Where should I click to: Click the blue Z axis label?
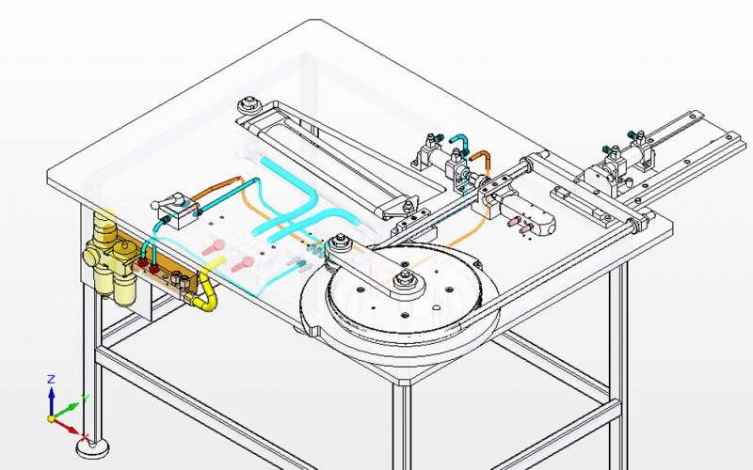click(x=52, y=379)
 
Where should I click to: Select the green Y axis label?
click(x=86, y=399)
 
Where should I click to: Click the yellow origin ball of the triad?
click(x=53, y=418)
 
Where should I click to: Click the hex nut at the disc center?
click(x=406, y=277)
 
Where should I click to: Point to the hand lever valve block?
click(x=174, y=206)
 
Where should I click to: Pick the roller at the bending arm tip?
click(x=341, y=247)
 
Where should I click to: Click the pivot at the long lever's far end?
click(x=248, y=105)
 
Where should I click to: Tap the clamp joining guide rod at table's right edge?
click(x=644, y=223)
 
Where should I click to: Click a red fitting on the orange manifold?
click(x=148, y=267)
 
